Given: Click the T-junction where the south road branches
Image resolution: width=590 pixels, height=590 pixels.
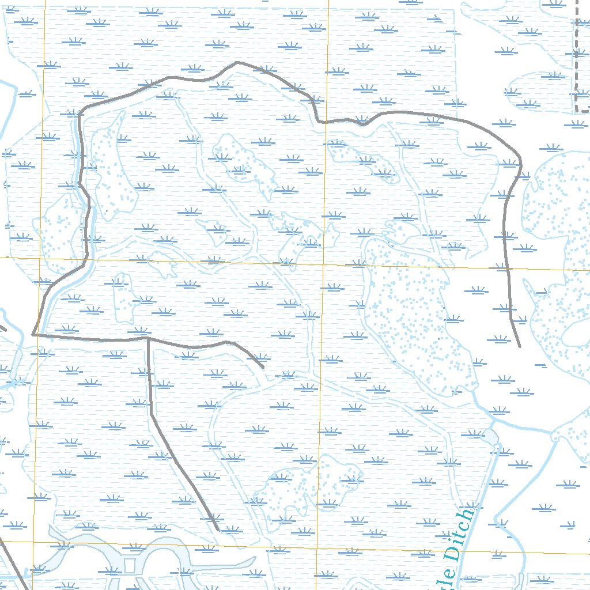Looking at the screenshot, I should coord(148,339).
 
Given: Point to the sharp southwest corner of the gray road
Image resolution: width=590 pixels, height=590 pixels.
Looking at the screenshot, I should coord(33,334).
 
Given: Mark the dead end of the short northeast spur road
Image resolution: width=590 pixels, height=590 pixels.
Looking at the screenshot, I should coord(263,367).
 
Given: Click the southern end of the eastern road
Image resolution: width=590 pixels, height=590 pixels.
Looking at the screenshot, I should coord(520,347).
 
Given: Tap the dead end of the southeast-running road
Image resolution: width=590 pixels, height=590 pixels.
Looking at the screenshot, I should coord(217,530).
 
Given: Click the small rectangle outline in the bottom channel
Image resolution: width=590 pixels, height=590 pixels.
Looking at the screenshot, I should coord(129,565).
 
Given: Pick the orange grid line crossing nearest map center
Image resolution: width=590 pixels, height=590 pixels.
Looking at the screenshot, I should coord(324,264).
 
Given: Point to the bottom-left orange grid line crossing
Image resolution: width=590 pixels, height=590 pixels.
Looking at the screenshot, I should coord(33,542).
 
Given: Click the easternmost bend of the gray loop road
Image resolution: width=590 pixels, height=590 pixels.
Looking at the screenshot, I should coord(521,163).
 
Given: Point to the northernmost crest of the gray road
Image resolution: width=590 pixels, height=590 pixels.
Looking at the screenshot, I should coord(238,62).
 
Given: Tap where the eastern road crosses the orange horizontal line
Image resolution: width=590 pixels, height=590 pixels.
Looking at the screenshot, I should coord(508,268).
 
